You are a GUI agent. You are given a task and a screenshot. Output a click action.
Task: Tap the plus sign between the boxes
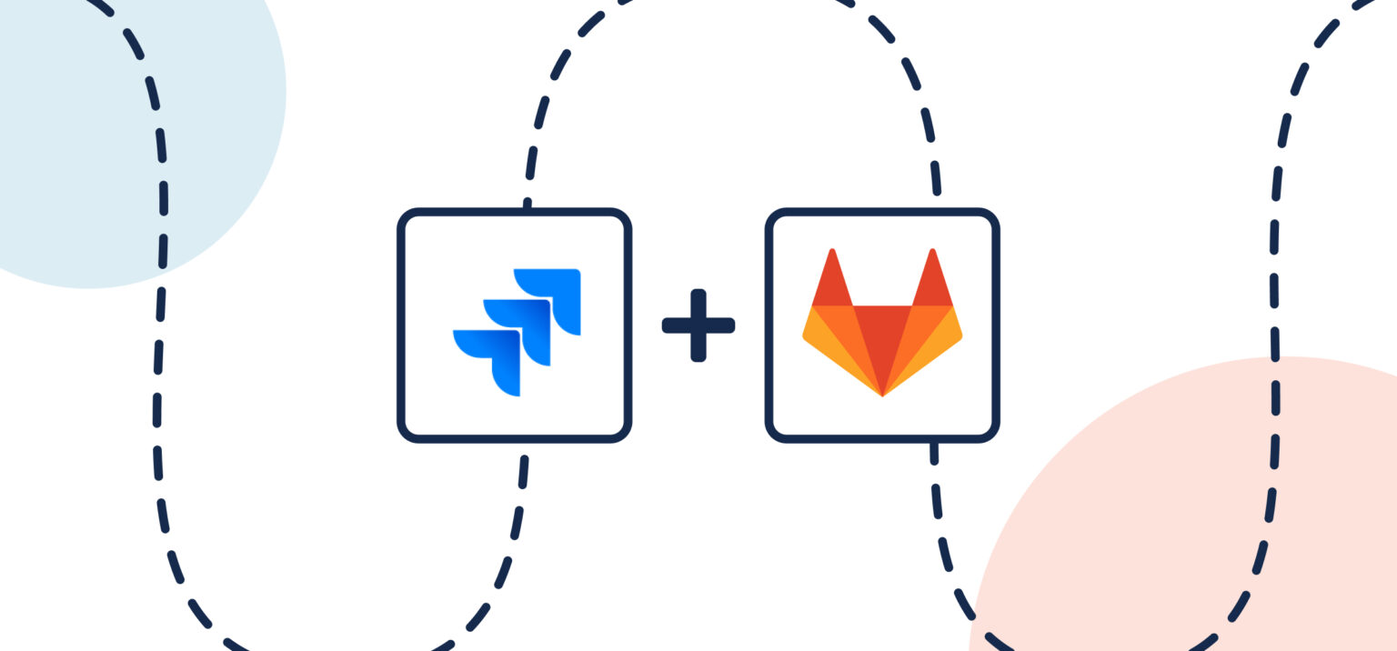coord(698,325)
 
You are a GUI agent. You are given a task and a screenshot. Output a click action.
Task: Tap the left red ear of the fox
coord(831,283)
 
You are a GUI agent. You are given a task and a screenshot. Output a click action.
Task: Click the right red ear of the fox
coord(932,283)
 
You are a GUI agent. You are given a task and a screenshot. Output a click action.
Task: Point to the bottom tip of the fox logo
coord(882,396)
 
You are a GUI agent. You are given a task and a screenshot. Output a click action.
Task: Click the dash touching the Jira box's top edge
coord(528,205)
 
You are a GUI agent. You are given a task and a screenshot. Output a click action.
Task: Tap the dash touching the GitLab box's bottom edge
coord(933,451)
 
